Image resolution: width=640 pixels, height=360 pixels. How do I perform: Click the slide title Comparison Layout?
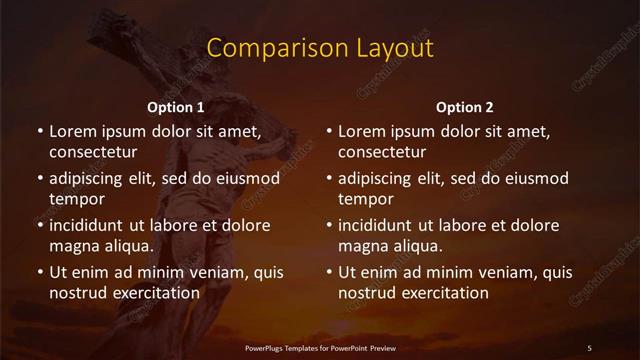[x=319, y=48]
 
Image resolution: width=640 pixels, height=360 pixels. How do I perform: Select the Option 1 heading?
[x=176, y=107]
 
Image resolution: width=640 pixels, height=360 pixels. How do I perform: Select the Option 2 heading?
[x=465, y=107]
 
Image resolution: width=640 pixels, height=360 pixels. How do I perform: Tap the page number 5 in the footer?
[x=589, y=347]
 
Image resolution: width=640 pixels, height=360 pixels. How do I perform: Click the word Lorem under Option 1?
[x=71, y=131]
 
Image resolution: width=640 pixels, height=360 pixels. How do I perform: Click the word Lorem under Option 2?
[x=360, y=131]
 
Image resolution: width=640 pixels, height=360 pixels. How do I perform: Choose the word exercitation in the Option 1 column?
[x=154, y=293]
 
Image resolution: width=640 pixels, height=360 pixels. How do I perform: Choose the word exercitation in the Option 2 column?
[x=443, y=293]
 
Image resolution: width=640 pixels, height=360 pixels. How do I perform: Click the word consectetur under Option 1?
[x=92, y=153]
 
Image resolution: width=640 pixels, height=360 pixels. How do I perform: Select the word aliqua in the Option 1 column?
[x=128, y=246]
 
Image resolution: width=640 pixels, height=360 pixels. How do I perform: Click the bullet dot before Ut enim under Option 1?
[x=39, y=272]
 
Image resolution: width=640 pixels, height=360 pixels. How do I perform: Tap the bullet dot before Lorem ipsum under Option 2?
[x=328, y=131]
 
